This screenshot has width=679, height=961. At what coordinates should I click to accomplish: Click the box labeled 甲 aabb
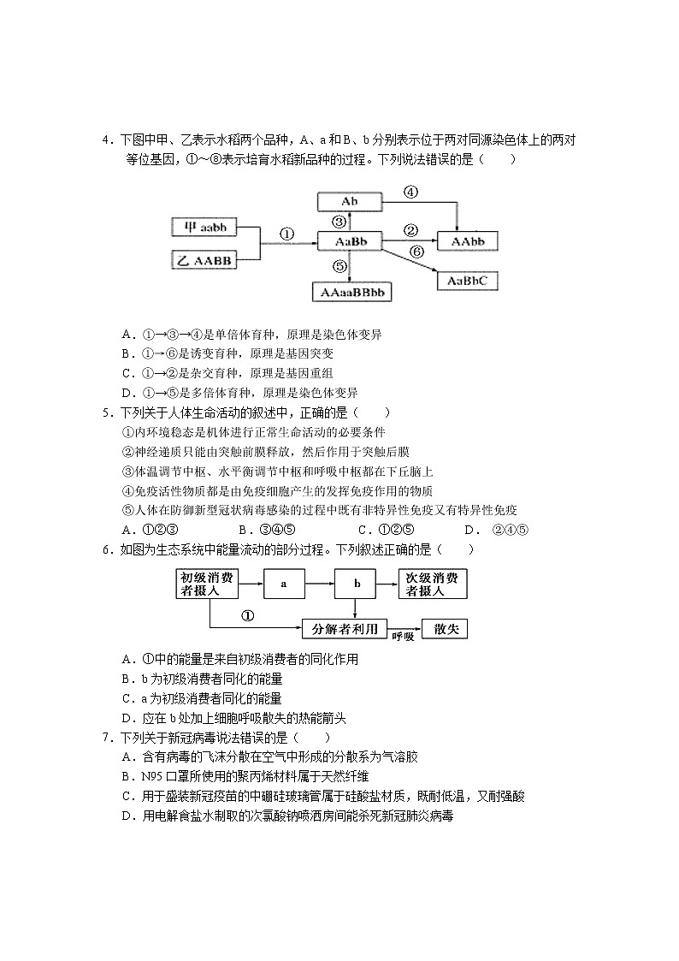(204, 228)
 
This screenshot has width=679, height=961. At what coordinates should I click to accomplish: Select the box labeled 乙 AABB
(204, 260)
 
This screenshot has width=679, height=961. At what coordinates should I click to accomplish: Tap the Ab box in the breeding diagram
(349, 202)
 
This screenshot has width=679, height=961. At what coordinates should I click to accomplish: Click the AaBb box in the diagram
(349, 243)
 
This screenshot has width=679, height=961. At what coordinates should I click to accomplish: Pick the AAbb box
(467, 242)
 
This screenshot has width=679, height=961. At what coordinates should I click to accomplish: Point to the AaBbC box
(467, 280)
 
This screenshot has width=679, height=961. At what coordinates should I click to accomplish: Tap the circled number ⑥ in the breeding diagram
(416, 252)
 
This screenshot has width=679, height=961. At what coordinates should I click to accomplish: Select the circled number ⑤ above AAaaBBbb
(339, 267)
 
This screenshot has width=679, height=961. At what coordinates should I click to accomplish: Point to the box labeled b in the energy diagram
(359, 584)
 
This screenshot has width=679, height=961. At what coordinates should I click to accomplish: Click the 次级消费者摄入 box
(434, 584)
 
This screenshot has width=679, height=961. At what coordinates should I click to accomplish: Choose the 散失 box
(445, 629)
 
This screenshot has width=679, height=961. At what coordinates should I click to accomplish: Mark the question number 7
(106, 738)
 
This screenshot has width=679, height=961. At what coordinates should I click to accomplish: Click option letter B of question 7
(126, 776)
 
